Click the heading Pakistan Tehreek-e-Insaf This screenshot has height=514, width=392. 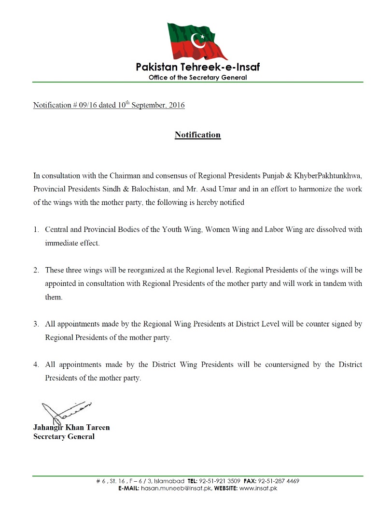[197, 67]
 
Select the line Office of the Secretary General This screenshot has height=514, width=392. [197, 77]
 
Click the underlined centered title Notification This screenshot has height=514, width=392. [197, 135]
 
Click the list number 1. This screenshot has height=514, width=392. [36, 230]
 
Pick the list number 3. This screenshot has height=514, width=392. [36, 324]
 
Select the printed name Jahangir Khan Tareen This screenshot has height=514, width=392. [71, 427]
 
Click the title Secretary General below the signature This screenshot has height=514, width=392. [64, 436]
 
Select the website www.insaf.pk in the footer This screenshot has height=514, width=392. [258, 488]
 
